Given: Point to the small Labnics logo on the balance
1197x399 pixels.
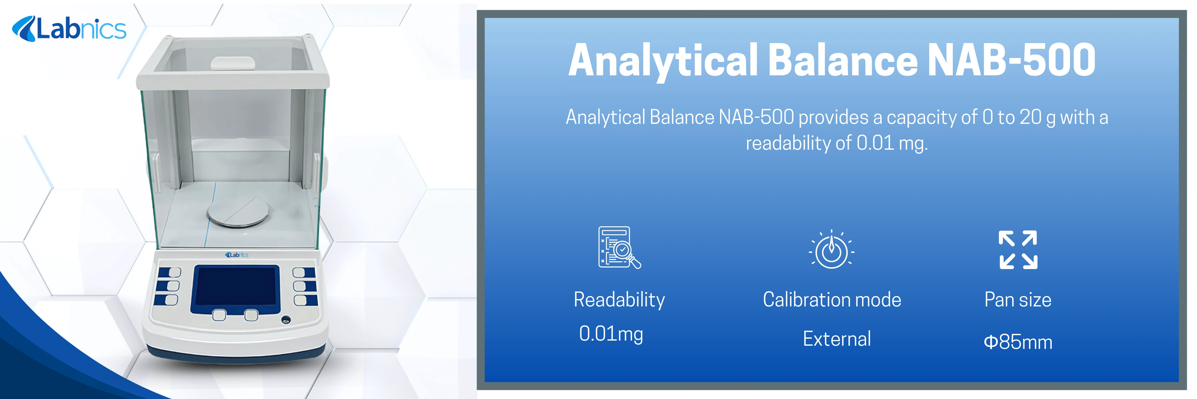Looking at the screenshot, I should [x=237, y=255].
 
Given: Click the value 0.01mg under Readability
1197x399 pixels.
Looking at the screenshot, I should [x=611, y=334].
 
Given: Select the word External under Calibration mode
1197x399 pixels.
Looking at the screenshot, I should [x=836, y=339].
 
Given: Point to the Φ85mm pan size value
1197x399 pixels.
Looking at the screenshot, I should [x=1018, y=342].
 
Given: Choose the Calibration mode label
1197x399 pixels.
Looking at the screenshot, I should [x=832, y=300].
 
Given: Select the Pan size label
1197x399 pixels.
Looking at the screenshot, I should [x=1018, y=300].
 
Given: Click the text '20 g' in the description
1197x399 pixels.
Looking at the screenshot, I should [x=1037, y=117].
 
